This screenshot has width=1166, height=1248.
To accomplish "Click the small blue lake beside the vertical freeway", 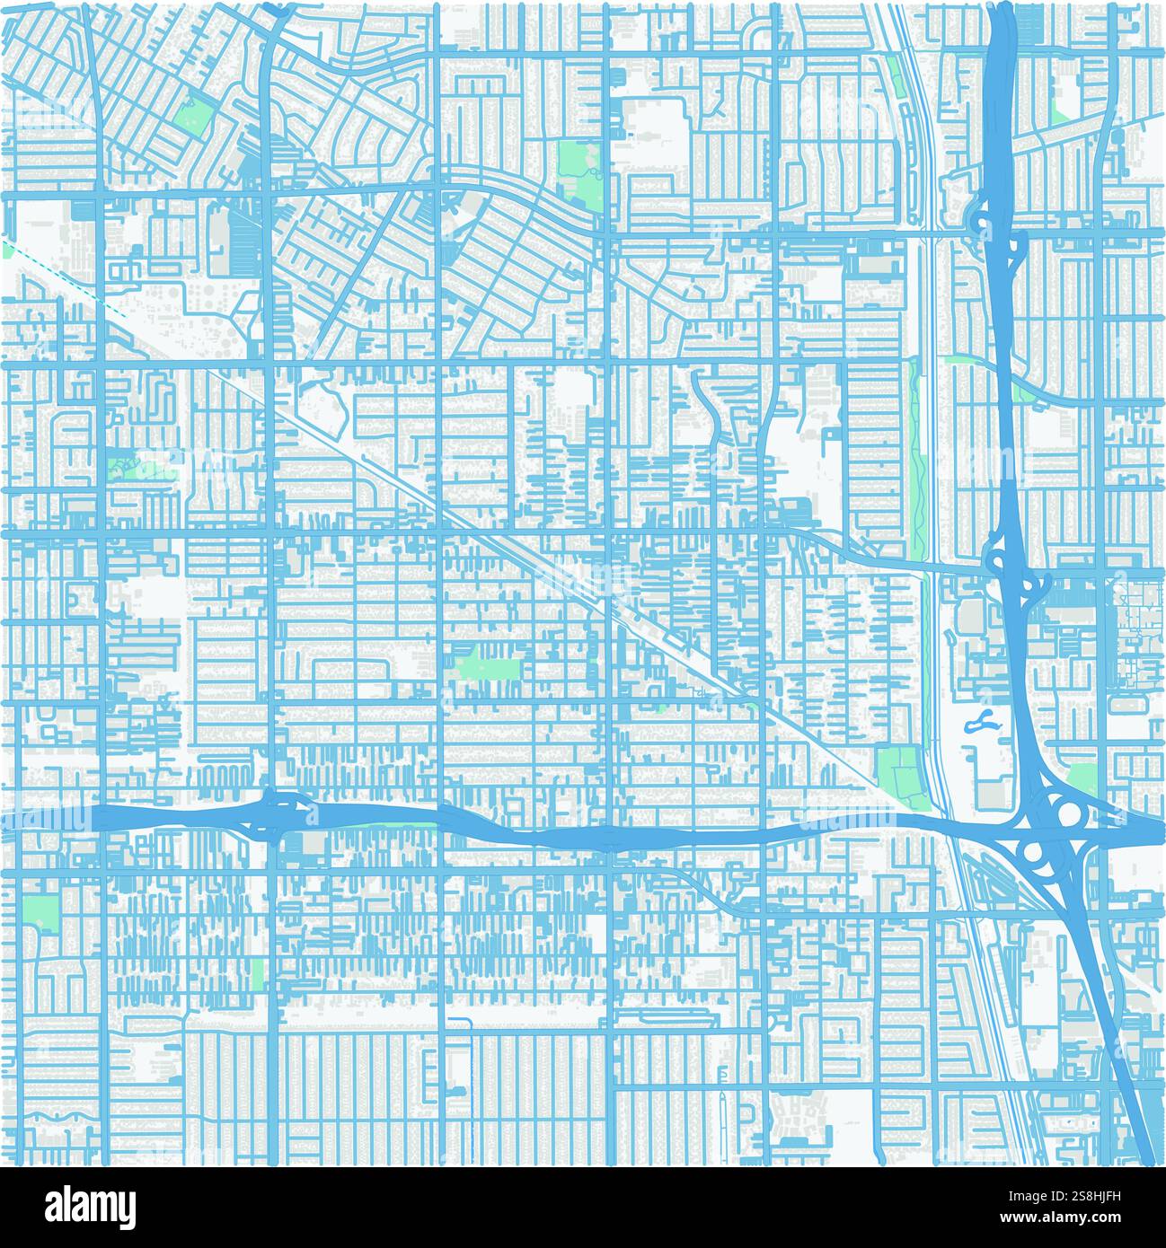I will (x=979, y=720).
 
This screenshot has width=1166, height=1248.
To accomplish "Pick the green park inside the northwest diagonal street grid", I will (x=199, y=114).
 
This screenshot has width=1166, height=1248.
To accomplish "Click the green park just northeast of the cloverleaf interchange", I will (x=1082, y=778).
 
